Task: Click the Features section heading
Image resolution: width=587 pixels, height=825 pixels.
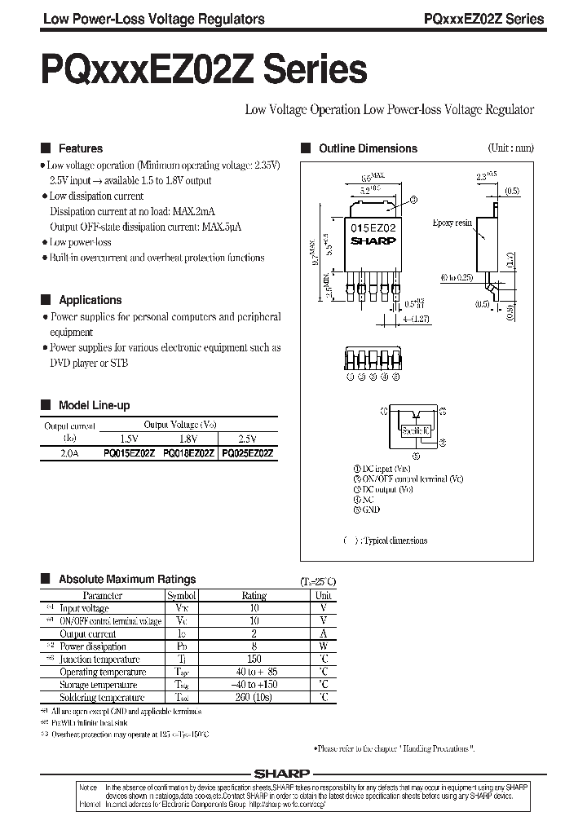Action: coord(80,148)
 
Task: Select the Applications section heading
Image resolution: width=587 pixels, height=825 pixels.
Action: coord(90,300)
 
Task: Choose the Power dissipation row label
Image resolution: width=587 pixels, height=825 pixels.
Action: coord(94,646)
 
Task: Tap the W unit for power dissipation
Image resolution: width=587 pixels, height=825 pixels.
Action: coord(323,646)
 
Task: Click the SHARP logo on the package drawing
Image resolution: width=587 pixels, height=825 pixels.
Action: coord(373,240)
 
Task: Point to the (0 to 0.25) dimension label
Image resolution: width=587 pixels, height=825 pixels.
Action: coord(455,277)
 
